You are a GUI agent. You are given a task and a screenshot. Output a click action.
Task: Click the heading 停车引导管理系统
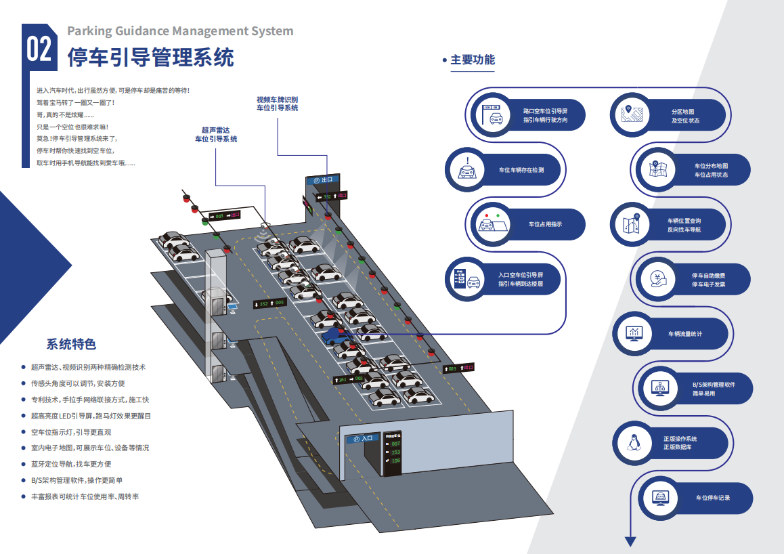tap(150, 58)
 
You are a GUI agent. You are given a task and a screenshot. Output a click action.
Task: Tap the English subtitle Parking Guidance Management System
tap(180, 31)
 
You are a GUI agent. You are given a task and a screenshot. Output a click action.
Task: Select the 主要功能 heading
tap(473, 60)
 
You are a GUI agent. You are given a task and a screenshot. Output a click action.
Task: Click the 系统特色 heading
tap(71, 344)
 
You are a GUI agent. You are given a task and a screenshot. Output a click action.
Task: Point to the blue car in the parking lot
tap(336, 335)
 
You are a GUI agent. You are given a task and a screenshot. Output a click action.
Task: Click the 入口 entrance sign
tap(363, 438)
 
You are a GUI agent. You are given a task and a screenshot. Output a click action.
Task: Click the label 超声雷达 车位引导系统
tap(216, 134)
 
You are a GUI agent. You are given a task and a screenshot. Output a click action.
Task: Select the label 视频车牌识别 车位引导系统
tap(277, 104)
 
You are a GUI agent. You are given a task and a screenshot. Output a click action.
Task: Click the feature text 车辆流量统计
tap(685, 334)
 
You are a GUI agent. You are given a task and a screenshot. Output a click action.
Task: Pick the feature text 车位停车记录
tap(713, 498)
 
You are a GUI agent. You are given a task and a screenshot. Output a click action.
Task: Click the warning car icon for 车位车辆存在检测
tap(467, 170)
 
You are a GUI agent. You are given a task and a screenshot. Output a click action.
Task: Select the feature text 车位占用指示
tap(545, 224)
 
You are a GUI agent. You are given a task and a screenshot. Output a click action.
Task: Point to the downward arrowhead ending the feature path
tap(630, 541)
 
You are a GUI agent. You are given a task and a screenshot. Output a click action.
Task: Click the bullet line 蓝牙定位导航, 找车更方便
tap(71, 464)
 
